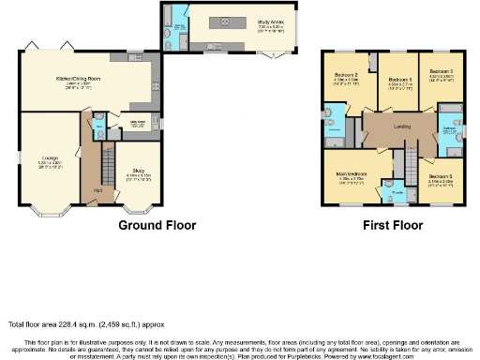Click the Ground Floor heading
(157, 226)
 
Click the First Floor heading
(393, 226)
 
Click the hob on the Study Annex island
(222, 20)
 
